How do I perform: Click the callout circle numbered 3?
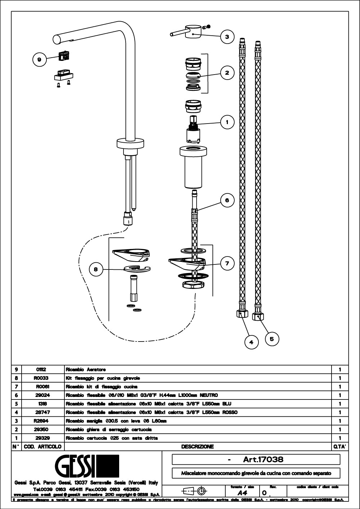227,37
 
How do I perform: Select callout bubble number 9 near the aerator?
39,59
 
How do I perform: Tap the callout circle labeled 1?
227,122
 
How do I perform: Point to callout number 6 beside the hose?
227,200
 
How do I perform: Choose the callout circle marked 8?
96,269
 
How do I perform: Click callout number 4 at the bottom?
251,342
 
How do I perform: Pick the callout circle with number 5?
272,339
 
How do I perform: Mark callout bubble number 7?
227,263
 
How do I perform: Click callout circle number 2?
227,73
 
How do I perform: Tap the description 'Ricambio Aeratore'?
86,370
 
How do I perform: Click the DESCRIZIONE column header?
197,447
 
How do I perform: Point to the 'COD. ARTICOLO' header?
42,447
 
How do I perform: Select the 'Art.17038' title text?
263,459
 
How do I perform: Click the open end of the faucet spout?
56,39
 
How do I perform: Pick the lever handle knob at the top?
193,32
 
